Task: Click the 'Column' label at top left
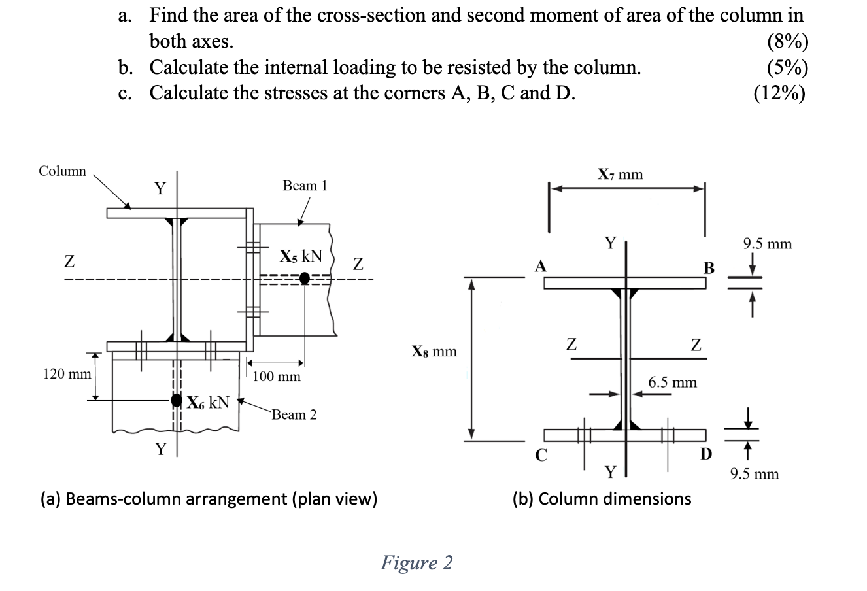click(x=62, y=171)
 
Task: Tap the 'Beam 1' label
click(x=304, y=186)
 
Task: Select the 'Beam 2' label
click(x=294, y=414)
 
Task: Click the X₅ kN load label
click(x=301, y=256)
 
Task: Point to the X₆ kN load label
click(x=208, y=402)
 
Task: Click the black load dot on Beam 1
click(x=305, y=279)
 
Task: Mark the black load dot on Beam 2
click(x=176, y=400)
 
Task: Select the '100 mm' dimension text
click(x=277, y=377)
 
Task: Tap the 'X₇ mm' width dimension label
click(x=620, y=175)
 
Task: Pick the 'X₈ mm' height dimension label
click(x=434, y=352)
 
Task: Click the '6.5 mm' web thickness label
click(x=672, y=382)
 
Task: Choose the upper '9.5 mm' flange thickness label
click(x=767, y=245)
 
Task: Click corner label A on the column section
click(x=540, y=266)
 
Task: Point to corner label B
click(x=709, y=268)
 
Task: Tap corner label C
click(x=541, y=454)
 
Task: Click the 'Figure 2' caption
click(x=416, y=562)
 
